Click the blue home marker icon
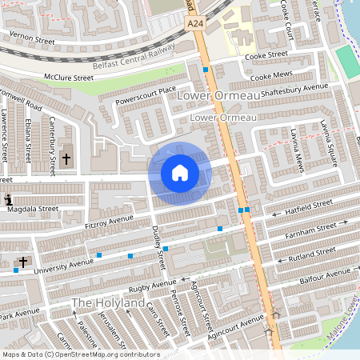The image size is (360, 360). (x=180, y=173)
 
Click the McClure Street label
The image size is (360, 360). (x=68, y=78)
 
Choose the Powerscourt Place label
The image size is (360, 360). (x=145, y=96)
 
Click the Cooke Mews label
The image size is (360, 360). (x=272, y=77)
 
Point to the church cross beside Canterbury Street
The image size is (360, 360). (x=66, y=160)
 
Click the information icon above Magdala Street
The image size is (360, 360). (x=8, y=199)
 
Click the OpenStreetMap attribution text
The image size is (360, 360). (x=81, y=354)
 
